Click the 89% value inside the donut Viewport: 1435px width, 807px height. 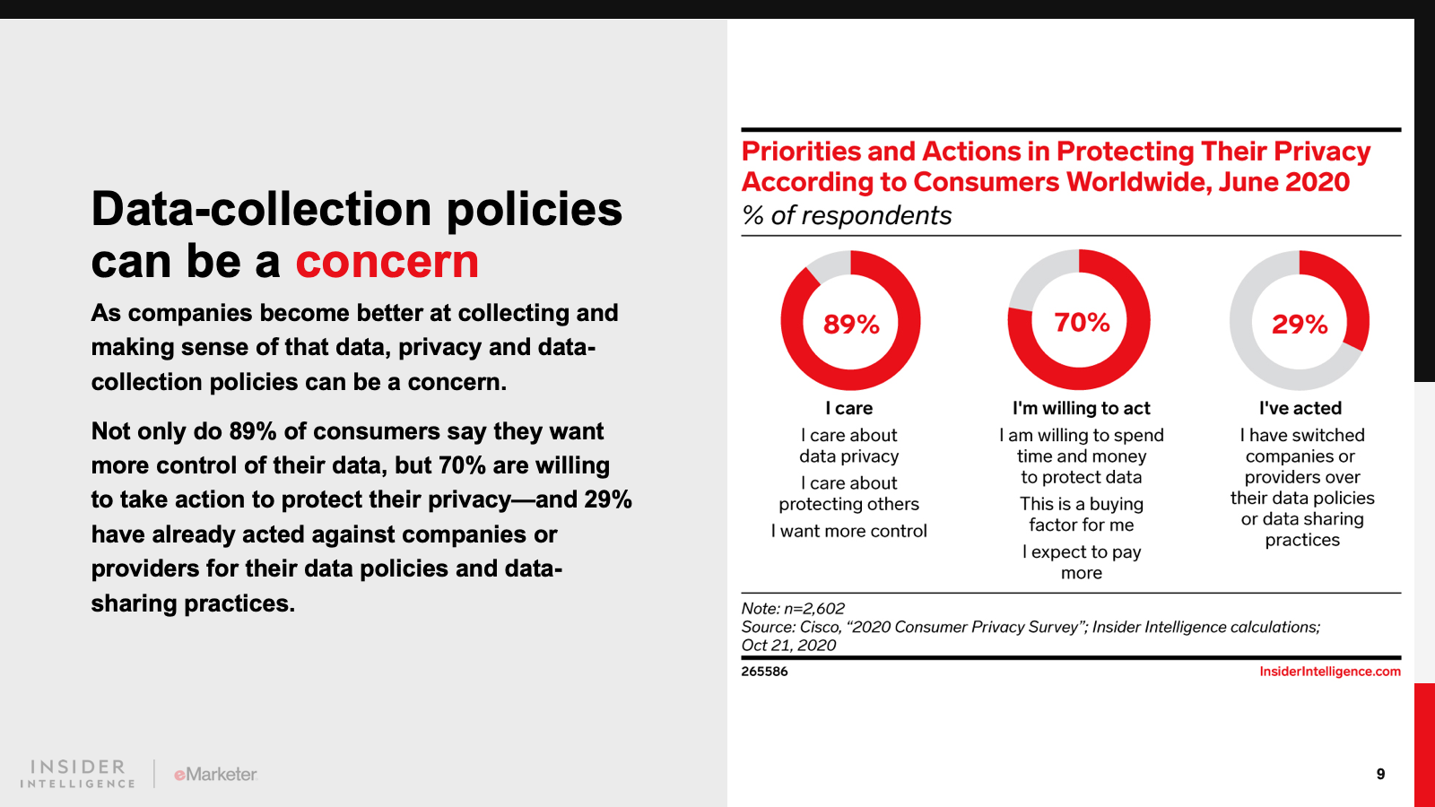point(851,324)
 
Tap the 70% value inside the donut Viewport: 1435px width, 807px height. point(1082,322)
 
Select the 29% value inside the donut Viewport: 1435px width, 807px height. point(1300,324)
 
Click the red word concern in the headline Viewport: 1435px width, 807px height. point(387,262)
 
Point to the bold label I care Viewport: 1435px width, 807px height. point(849,408)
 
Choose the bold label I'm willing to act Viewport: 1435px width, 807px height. point(1081,408)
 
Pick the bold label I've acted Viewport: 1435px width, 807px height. point(1300,408)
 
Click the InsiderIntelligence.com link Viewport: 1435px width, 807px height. point(1329,672)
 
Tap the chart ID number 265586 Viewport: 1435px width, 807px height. point(764,672)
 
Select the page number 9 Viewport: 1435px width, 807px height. point(1380,774)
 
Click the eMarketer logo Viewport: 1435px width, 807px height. point(215,774)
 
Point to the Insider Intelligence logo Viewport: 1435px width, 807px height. point(78,774)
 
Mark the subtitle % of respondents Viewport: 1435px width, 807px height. point(847,215)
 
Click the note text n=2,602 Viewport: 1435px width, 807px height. point(813,608)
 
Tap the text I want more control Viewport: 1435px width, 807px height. point(849,531)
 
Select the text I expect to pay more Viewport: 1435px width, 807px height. point(1082,562)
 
